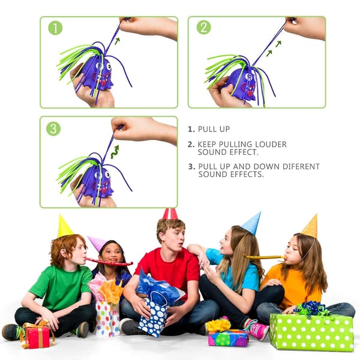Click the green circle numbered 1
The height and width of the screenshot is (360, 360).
click(55, 28)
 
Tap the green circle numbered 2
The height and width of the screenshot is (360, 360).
click(203, 28)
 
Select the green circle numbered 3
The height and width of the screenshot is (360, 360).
click(53, 128)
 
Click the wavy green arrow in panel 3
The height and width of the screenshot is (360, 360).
click(115, 152)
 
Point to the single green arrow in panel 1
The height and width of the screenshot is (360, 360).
click(118, 41)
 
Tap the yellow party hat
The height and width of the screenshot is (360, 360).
click(64, 226)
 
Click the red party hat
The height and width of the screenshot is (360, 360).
click(170, 214)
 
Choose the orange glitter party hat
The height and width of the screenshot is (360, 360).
click(311, 226)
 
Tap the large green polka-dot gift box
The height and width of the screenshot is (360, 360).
click(311, 332)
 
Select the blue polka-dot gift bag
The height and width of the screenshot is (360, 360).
click(153, 316)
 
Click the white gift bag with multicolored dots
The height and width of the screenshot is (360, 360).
click(107, 319)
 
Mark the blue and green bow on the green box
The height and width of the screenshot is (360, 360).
click(311, 309)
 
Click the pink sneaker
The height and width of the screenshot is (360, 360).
click(257, 329)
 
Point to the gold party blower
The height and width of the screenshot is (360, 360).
click(265, 257)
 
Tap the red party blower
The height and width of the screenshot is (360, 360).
click(109, 262)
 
